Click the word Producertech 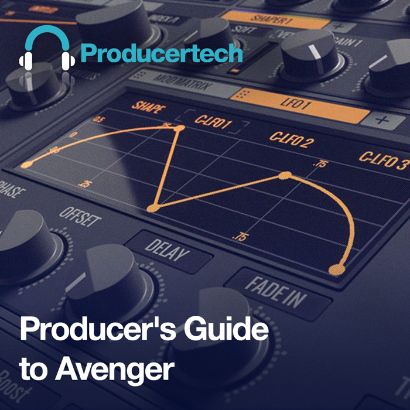[x=162, y=53]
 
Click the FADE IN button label [x=275, y=291]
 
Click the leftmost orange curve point [x=26, y=165]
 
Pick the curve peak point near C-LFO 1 [x=180, y=127]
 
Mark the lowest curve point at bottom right [x=336, y=269]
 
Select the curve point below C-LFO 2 [x=285, y=175]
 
